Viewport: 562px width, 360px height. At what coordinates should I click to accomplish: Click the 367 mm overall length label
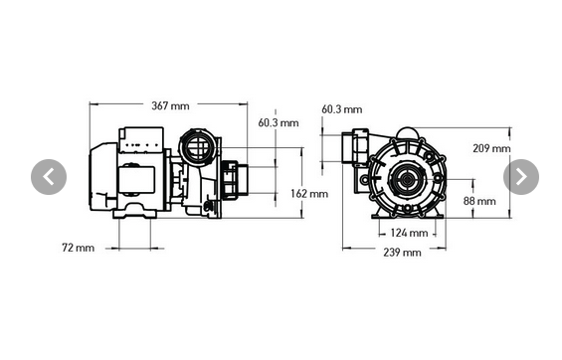coord(170,104)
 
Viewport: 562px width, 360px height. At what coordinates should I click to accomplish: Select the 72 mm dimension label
coord(78,247)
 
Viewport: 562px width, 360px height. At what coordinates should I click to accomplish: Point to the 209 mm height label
coord(491,148)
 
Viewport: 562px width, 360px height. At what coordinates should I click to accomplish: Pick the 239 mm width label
coord(401,253)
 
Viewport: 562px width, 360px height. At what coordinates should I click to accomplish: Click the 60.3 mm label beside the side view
coord(278,123)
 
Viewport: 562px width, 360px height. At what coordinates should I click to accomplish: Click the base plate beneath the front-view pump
coord(409,216)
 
